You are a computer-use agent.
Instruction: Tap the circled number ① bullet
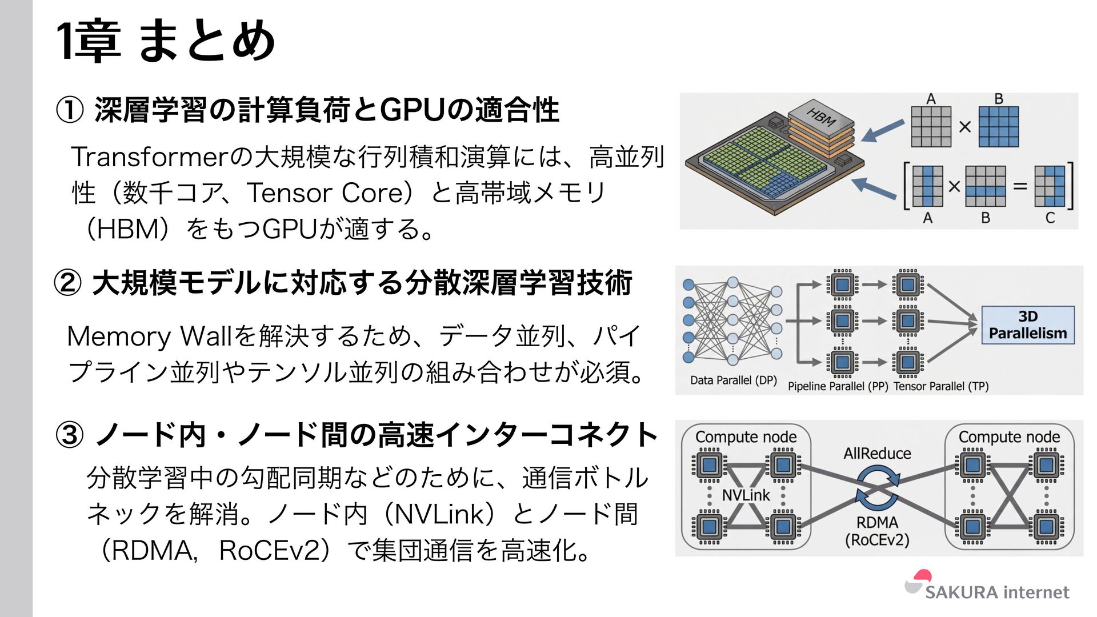(70, 110)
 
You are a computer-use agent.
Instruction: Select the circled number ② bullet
(68, 283)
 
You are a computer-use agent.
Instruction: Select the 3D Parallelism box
(1027, 324)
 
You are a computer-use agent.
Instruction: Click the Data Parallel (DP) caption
(733, 380)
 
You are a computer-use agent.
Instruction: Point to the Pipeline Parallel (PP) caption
(838, 386)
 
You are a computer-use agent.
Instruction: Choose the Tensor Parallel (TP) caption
(941, 386)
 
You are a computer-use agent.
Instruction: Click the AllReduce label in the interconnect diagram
(877, 454)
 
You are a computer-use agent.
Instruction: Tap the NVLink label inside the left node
(746, 495)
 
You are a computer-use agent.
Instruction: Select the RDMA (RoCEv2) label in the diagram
(877, 531)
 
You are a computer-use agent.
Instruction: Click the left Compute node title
(746, 437)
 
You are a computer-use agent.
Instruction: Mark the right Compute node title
(1009, 437)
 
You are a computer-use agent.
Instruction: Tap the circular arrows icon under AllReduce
(877, 487)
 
